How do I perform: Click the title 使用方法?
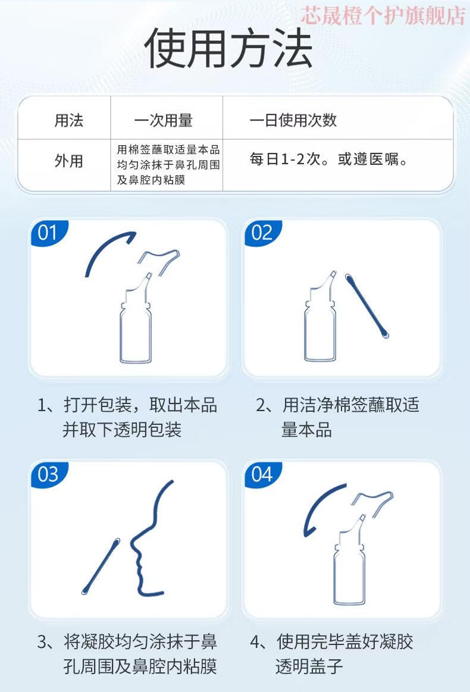click(x=228, y=48)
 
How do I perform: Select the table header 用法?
click(x=69, y=120)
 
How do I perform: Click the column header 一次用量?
click(x=163, y=120)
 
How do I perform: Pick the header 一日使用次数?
click(x=293, y=120)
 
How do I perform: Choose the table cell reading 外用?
click(x=69, y=161)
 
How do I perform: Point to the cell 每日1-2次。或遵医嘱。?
click(x=329, y=159)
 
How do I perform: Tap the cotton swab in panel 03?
click(x=101, y=566)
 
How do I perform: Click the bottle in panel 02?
click(x=321, y=317)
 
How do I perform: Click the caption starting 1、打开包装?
click(x=127, y=417)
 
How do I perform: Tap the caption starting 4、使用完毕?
click(x=332, y=653)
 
